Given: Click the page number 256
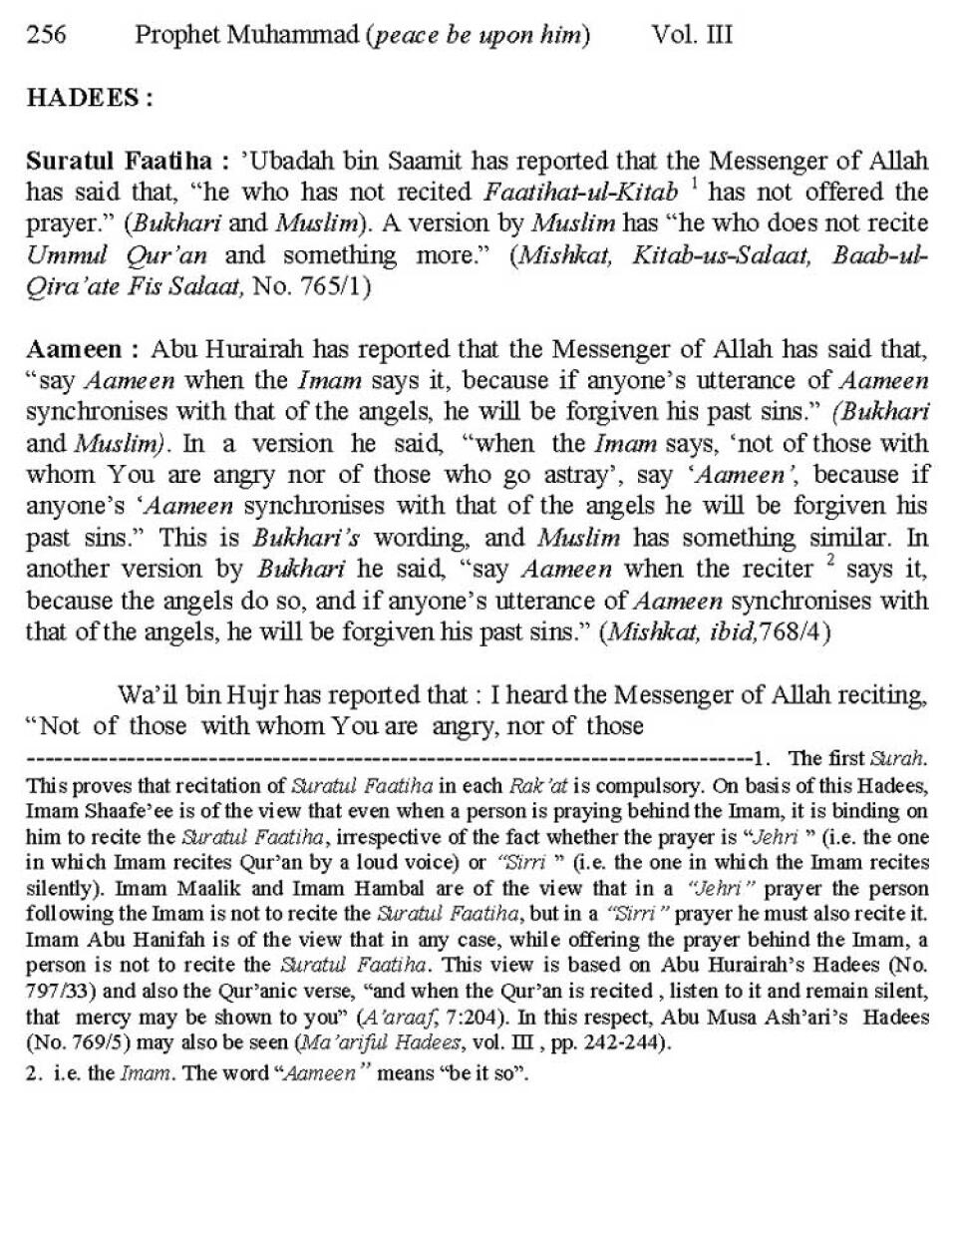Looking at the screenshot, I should coord(46,36).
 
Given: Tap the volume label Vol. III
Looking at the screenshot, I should coord(692,36).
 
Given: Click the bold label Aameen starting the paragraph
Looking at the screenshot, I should coord(76,350).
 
